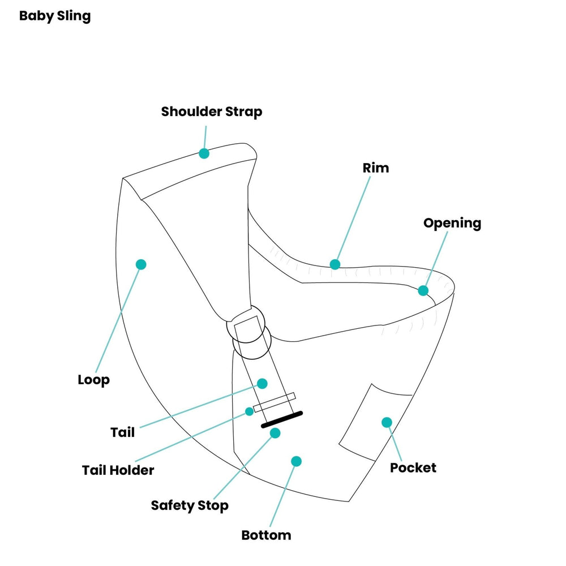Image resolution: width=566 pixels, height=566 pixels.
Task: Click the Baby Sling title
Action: pos(55,16)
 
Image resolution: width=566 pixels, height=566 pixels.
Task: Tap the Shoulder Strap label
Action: pos(212,112)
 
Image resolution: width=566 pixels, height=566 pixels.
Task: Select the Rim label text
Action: pos(376,168)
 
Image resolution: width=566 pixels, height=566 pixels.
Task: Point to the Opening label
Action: pos(452,223)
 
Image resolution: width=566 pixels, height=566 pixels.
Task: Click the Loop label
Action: pos(93,380)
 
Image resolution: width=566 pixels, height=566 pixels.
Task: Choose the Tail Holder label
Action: pos(118,470)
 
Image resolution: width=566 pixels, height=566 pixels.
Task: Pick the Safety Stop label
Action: pos(190,505)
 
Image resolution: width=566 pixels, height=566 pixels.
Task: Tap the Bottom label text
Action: pos(266,535)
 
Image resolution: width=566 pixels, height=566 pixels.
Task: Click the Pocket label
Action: pos(413,468)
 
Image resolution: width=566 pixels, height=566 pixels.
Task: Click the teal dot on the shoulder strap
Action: pos(204,153)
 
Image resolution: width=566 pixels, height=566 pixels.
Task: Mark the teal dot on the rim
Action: pos(335,264)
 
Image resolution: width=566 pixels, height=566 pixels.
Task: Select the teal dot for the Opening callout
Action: pos(423,290)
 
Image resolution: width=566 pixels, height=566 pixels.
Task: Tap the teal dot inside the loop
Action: pos(141,264)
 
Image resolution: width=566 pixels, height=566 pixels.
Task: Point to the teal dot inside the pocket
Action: pos(387,422)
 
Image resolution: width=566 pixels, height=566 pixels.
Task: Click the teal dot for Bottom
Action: pos(295,461)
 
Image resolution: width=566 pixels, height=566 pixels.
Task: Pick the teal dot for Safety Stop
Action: pos(275,433)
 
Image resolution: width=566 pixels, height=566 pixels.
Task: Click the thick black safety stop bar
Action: pos(282,419)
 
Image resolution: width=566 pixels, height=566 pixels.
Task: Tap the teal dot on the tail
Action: pos(262,383)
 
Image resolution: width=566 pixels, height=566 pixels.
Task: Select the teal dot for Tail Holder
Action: pos(249,411)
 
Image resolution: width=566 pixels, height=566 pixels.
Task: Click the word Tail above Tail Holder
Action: pos(123,432)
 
